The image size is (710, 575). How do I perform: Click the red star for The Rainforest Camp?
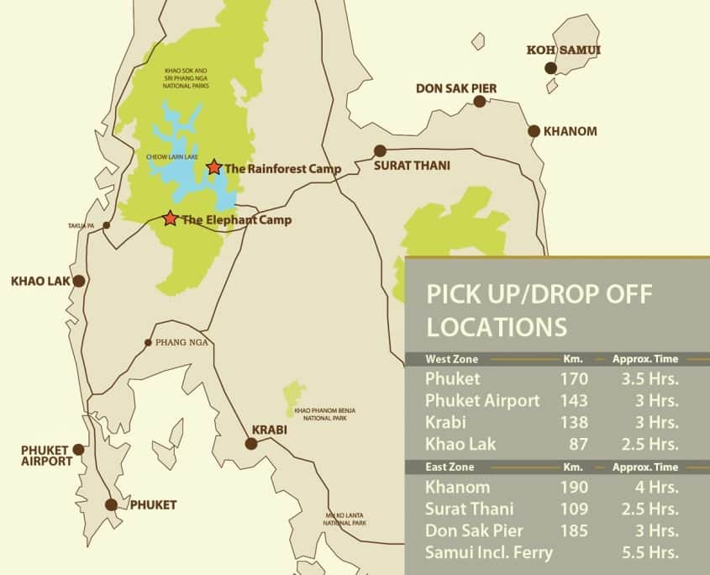(x=213, y=166)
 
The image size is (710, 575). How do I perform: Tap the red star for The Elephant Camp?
(x=170, y=219)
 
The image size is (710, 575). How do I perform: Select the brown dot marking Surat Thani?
(x=380, y=151)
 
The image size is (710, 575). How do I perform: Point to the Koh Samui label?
(x=564, y=50)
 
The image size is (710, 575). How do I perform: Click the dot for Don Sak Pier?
(x=479, y=102)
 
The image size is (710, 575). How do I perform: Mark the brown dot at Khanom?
(x=534, y=131)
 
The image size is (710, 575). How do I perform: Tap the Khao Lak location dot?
(x=79, y=281)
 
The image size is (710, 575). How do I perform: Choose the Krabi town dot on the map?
(x=250, y=443)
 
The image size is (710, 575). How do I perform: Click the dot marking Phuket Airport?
(x=79, y=450)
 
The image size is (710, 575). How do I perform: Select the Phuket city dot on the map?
(x=112, y=504)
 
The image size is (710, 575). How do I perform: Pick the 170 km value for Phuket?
(x=574, y=378)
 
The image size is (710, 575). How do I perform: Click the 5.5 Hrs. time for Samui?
(x=652, y=552)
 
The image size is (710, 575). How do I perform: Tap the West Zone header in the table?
(x=454, y=358)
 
